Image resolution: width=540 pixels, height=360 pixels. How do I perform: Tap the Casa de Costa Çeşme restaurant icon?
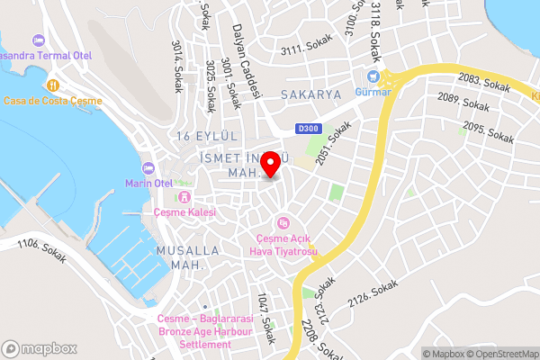(52, 84)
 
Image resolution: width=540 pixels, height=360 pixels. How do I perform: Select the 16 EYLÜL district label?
(206, 136)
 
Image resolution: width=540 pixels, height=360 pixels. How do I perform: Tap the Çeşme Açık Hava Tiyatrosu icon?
(283, 222)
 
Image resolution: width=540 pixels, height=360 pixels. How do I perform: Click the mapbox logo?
(38, 347)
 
